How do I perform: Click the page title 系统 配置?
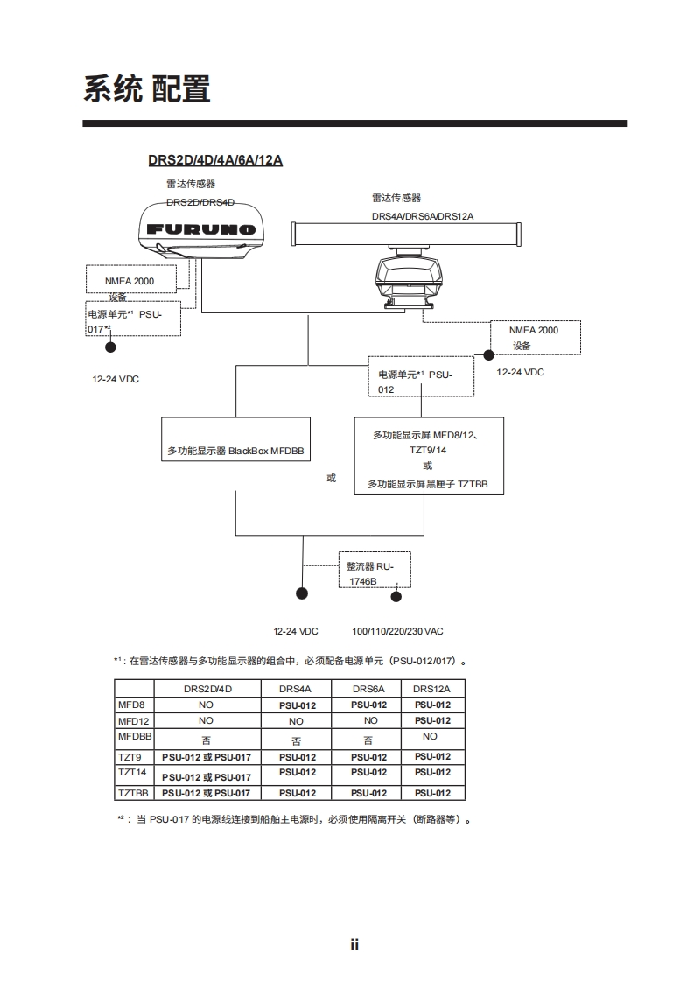[x=146, y=89]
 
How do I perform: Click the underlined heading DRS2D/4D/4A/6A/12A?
[x=214, y=160]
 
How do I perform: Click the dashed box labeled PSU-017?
[x=133, y=320]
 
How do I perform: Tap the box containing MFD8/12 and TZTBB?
[x=428, y=456]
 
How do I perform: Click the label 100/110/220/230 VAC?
[x=397, y=631]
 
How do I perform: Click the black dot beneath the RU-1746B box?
[x=396, y=597]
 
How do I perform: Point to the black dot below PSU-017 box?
[x=110, y=347]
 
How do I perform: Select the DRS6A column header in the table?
[x=368, y=689]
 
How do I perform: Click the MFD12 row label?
[x=131, y=720]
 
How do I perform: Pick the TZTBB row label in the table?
[x=134, y=793]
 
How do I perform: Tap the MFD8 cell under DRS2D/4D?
[x=207, y=705]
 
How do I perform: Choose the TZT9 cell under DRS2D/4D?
[x=207, y=757]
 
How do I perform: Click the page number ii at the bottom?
[x=354, y=944]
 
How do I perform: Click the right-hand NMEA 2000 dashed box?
[x=534, y=337]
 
